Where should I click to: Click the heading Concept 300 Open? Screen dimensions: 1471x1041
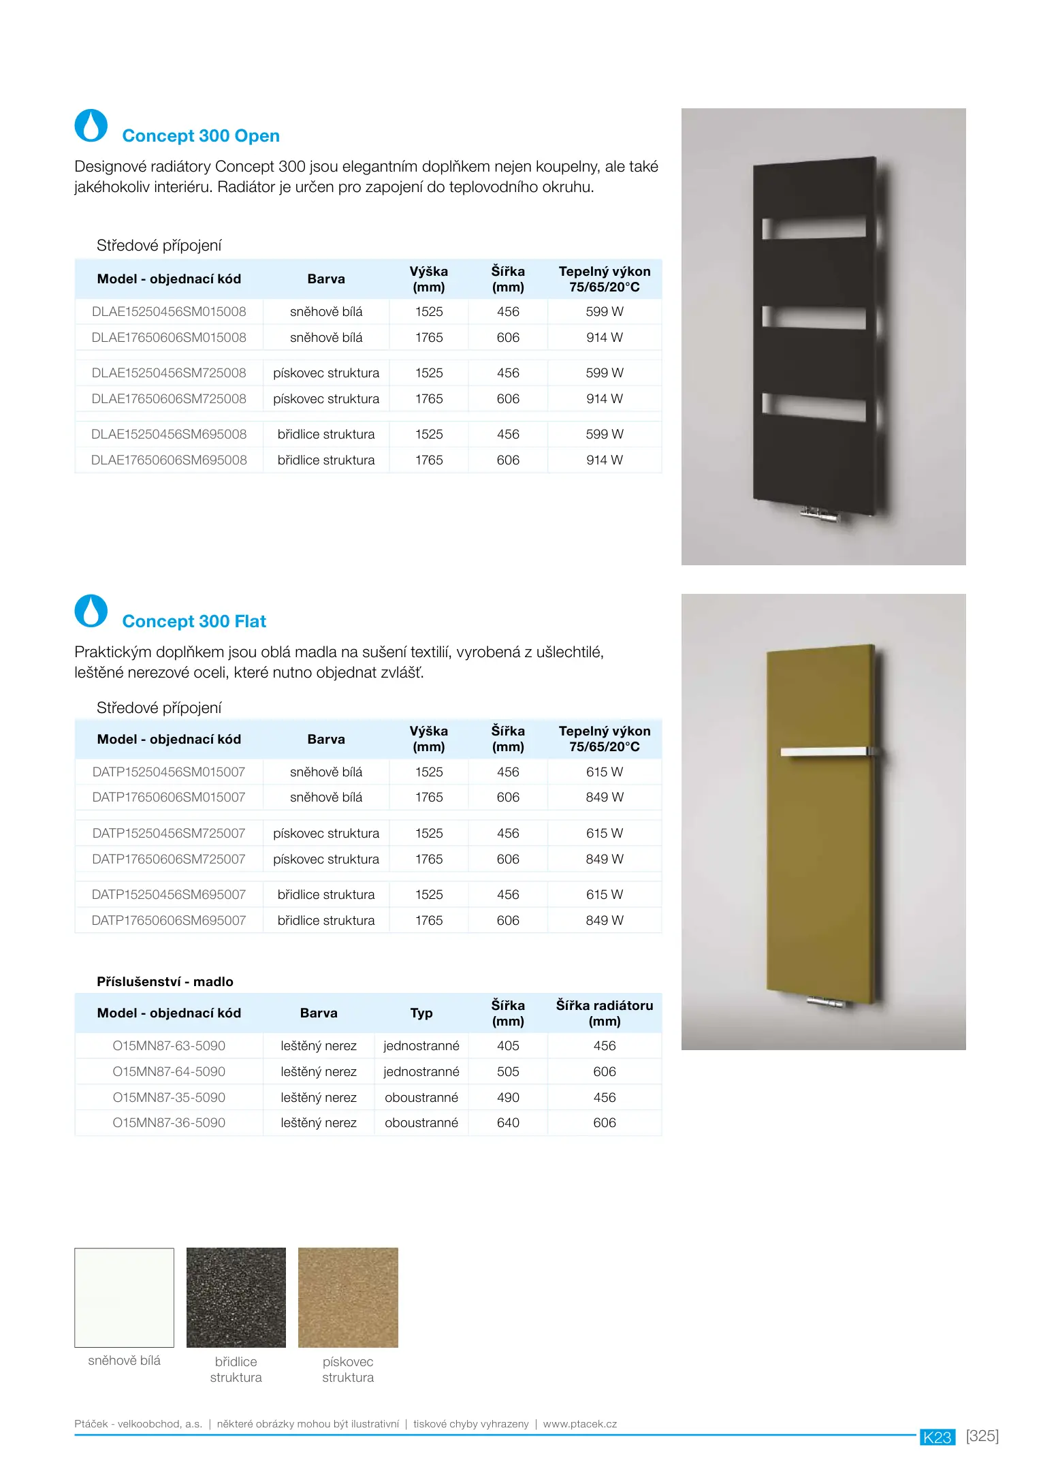click(x=201, y=136)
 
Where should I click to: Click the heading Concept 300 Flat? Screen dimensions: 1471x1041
click(x=194, y=622)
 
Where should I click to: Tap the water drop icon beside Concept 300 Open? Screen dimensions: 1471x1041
click(x=91, y=126)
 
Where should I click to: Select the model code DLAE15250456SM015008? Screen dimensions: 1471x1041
click(x=169, y=312)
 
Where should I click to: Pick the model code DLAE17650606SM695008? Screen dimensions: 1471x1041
click(x=169, y=460)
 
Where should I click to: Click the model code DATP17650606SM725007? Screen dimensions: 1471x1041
click(x=169, y=859)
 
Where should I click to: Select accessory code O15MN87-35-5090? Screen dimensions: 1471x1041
click(x=169, y=1098)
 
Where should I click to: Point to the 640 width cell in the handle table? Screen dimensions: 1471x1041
click(x=508, y=1123)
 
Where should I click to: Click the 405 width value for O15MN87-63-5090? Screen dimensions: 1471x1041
click(x=508, y=1046)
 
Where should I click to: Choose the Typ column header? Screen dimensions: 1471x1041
click(x=421, y=1013)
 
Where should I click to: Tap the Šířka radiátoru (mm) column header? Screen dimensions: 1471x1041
click(x=605, y=1013)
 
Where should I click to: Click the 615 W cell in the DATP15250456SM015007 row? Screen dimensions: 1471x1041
click(x=605, y=772)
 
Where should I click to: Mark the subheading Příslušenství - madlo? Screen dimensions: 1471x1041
click(x=165, y=982)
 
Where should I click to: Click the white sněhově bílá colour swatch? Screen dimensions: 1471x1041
click(x=125, y=1297)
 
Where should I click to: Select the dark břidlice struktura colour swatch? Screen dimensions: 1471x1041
click(x=236, y=1297)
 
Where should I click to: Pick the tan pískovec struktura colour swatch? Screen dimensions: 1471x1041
click(x=348, y=1297)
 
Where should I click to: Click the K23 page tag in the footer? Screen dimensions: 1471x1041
click(x=938, y=1437)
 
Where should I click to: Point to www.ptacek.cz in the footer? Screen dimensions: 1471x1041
click(x=580, y=1424)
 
